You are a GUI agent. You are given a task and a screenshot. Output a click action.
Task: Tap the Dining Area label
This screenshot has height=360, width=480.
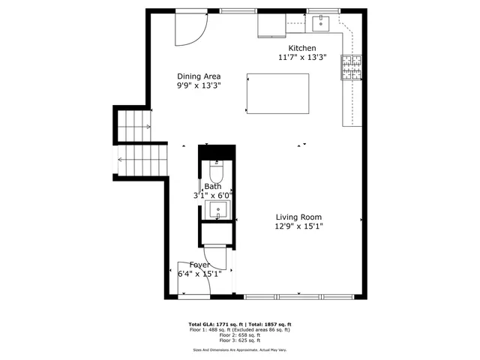[x=199, y=76]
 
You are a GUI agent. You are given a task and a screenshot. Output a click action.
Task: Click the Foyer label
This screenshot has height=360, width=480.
[x=199, y=265]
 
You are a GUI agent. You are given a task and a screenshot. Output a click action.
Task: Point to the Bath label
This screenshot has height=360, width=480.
[x=213, y=186]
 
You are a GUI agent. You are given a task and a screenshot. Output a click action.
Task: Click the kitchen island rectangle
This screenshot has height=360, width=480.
[x=278, y=94]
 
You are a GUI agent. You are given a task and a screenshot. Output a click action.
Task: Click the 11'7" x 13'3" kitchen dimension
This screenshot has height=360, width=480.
[x=301, y=56]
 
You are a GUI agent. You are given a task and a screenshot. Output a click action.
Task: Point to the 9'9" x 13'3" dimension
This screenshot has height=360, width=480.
[x=199, y=85]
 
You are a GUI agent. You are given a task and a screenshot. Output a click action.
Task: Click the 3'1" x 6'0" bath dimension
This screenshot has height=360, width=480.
[x=213, y=195]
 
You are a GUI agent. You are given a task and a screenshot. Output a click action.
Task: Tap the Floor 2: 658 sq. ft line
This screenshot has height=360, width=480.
[x=239, y=334]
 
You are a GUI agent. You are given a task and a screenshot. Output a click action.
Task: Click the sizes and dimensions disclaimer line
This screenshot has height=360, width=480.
[x=239, y=349]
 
